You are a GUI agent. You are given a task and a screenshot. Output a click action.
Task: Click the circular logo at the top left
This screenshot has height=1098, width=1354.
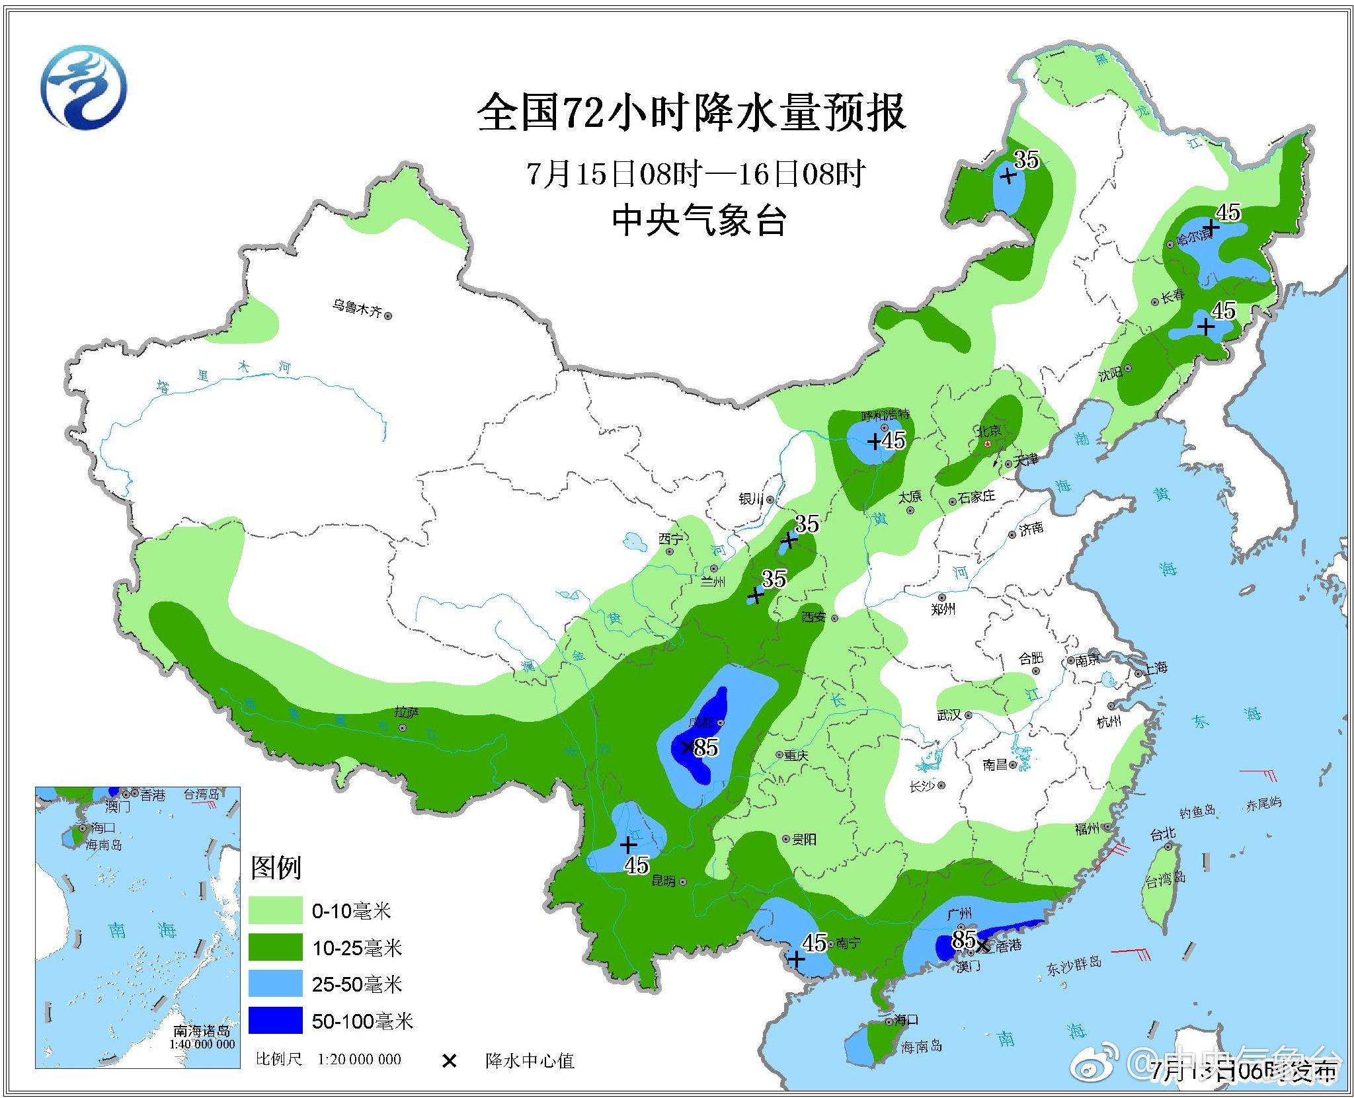83,87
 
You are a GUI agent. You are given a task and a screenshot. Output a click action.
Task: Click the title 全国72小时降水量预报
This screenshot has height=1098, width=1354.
691,112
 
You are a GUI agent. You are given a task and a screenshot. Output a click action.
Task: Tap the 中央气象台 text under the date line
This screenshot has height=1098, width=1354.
699,220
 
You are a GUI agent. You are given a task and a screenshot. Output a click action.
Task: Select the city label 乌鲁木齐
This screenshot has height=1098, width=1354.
357,308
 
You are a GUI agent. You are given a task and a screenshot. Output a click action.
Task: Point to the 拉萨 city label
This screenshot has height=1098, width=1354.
406,712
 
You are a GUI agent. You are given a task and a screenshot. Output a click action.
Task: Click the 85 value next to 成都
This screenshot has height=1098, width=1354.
706,748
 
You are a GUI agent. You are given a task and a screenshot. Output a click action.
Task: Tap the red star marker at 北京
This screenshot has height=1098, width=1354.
988,444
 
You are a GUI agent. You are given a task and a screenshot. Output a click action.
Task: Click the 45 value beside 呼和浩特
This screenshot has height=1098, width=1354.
894,440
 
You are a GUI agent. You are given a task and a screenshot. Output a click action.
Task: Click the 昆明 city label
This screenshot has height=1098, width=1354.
663,881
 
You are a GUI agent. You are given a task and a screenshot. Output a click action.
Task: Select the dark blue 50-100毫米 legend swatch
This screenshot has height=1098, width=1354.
275,1020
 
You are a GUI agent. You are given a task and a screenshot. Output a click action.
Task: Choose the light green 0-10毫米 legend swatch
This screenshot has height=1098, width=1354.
275,910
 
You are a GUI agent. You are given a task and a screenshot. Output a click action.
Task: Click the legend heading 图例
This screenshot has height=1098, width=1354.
276,867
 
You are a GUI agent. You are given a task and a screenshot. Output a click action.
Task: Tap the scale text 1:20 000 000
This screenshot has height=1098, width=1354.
359,1060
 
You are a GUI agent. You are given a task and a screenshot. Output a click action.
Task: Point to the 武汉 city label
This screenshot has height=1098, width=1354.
949,715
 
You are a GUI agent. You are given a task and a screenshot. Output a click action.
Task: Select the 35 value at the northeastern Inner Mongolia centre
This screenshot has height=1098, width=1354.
1026,159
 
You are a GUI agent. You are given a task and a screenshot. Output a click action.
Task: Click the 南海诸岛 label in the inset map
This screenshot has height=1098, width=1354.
202,1031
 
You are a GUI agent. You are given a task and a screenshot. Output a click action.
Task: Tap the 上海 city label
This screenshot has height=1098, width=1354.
1156,668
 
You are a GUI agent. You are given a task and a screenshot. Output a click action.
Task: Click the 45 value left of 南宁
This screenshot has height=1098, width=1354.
815,943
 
